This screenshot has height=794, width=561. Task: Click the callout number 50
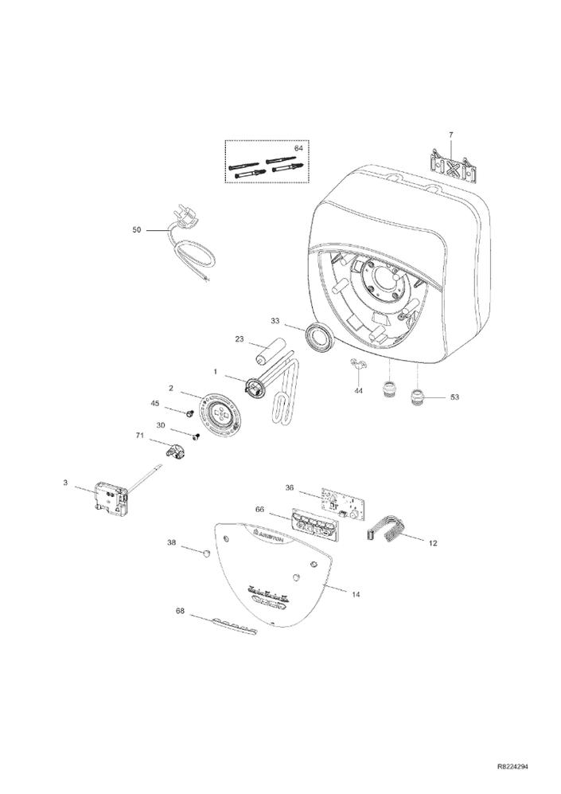click(x=136, y=230)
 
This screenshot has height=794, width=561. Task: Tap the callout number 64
click(x=299, y=148)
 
